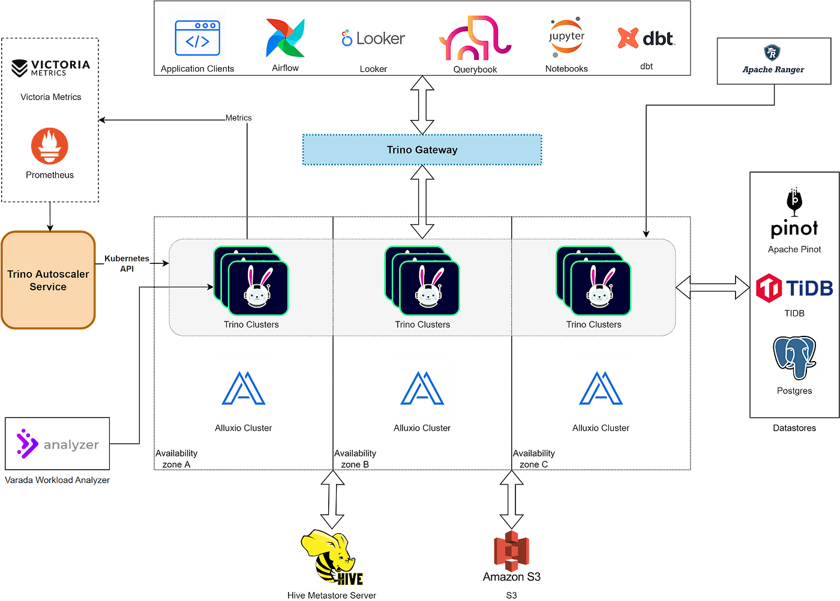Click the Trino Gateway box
(x=422, y=150)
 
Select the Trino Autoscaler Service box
(x=49, y=280)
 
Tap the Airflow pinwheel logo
(x=286, y=38)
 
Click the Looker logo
(x=373, y=38)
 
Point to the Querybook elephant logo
(x=475, y=38)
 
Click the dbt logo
(x=646, y=38)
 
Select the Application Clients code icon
(x=197, y=38)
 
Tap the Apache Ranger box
(x=773, y=61)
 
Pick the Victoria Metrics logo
(x=50, y=68)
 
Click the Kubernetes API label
(x=127, y=263)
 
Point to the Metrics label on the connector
(x=238, y=118)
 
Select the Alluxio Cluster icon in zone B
(x=422, y=388)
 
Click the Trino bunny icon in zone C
(x=600, y=288)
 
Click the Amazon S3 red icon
(x=511, y=550)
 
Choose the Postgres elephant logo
(x=794, y=358)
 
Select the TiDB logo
(x=794, y=289)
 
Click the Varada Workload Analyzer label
(x=58, y=480)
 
